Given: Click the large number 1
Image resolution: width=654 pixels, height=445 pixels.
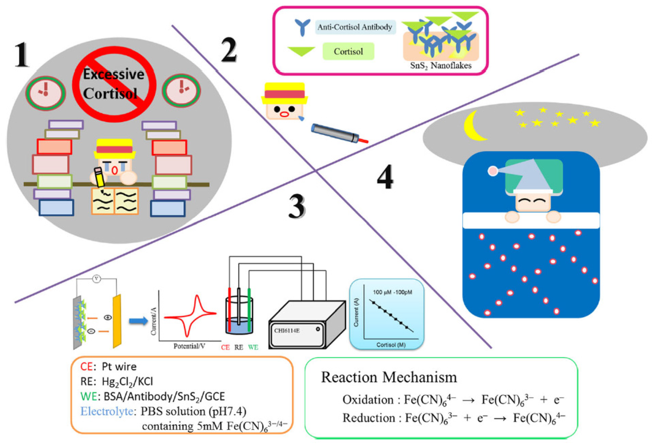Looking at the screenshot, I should (22, 55).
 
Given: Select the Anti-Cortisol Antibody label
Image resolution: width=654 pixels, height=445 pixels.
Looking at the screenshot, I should (355, 27).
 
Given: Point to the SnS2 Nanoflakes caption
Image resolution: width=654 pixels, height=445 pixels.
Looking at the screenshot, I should (440, 66).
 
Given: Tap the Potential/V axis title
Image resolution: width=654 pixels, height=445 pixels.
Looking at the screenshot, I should (189, 346).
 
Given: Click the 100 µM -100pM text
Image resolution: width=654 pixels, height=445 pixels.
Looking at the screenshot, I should (392, 292).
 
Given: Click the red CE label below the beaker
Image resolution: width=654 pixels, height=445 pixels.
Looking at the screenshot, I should (225, 347).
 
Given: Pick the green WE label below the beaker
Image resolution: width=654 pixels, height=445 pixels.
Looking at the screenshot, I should (253, 347).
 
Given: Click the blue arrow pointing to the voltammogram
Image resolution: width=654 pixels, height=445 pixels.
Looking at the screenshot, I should (138, 321).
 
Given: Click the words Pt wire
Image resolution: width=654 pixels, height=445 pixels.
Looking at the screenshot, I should (119, 367).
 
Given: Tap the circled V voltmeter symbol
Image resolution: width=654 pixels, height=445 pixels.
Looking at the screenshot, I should (97, 279).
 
